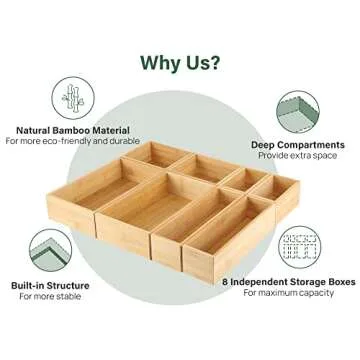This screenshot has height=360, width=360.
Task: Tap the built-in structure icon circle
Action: coord(49,250)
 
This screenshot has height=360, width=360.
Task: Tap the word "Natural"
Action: coord(30,128)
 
